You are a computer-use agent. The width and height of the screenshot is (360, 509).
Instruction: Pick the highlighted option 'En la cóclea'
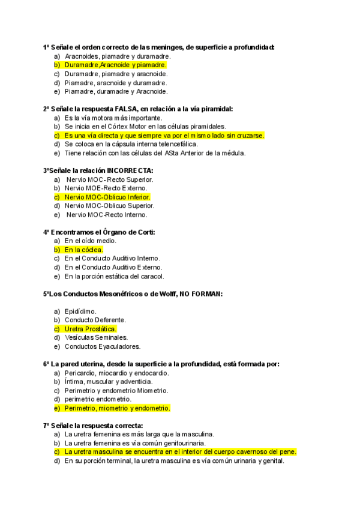click(x=84, y=250)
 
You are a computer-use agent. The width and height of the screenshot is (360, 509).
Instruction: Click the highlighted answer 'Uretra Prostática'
click(x=91, y=329)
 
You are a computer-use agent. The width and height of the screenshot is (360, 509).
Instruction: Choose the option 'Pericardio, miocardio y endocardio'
click(x=117, y=373)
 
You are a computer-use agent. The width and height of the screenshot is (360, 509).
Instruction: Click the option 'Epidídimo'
click(x=80, y=312)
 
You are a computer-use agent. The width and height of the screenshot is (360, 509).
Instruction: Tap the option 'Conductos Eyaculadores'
click(x=103, y=346)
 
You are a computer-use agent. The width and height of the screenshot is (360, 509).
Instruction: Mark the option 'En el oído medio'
click(x=91, y=241)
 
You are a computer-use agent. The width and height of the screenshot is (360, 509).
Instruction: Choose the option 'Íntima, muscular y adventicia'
click(x=109, y=381)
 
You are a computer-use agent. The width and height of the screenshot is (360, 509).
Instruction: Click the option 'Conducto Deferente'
click(x=95, y=320)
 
